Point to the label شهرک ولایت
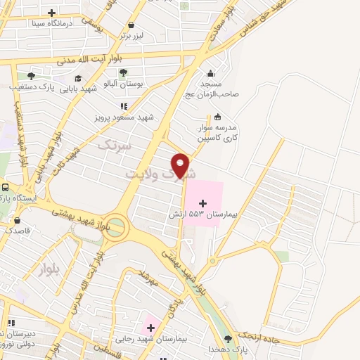(x=160, y=172)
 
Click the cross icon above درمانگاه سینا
(x=51, y=13)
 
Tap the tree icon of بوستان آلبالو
(x=123, y=72)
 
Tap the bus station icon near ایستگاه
(x=6, y=188)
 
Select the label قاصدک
(x=18, y=230)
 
